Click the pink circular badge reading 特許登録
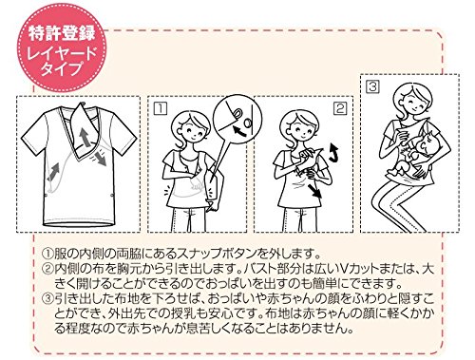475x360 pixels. pos(62,48)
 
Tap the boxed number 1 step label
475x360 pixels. pos(161,108)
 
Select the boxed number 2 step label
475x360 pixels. pos(340,108)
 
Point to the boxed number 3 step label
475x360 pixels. pos(373,86)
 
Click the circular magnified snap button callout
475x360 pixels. pos(237,119)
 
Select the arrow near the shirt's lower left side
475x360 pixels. pos(53,173)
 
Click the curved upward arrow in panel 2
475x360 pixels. pos(333,152)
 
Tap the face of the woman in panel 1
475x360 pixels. pos(191,127)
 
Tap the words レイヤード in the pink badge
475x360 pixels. pos(62,54)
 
